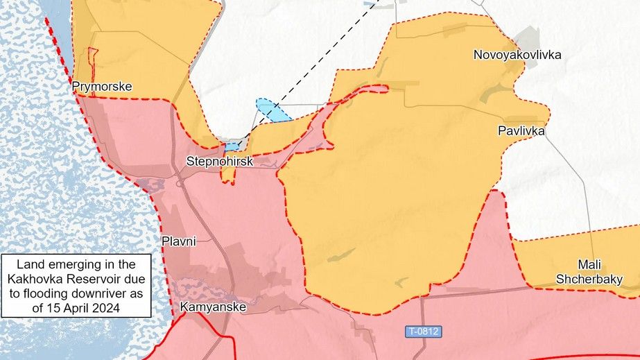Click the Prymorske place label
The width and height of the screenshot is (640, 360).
(102, 87)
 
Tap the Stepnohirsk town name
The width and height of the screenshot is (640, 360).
(220, 162)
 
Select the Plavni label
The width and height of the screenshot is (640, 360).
(179, 241)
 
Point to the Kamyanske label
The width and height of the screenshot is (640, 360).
(212, 306)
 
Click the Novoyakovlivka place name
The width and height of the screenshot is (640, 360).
(517, 55)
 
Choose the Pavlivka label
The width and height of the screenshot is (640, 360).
(521, 130)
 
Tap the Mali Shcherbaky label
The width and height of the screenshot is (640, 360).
(588, 272)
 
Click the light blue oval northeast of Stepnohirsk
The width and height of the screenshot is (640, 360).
(273, 111)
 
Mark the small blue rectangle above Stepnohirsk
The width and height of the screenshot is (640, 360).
(230, 147)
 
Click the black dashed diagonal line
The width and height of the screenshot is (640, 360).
(312, 70)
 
